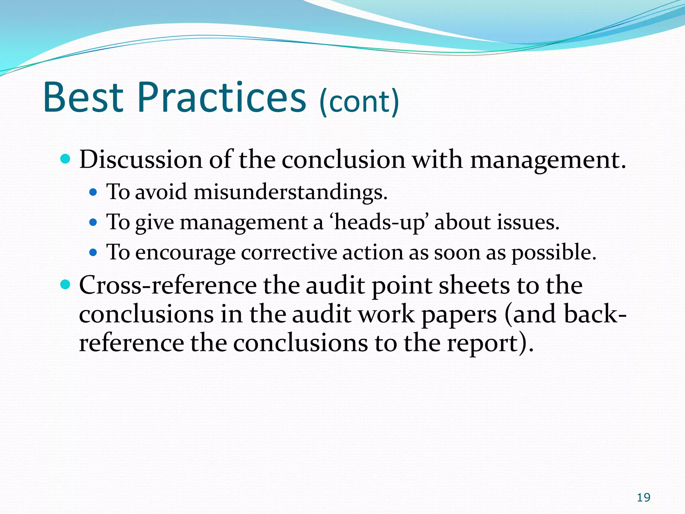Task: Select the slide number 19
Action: point(644,498)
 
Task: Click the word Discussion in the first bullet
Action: point(141,159)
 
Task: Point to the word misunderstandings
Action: point(290,192)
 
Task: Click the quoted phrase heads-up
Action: point(379,223)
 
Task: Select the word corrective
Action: point(289,252)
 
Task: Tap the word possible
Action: point(554,253)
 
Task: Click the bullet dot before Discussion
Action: point(66,159)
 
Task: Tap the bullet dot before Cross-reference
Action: point(66,285)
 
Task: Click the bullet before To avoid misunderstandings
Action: point(93,192)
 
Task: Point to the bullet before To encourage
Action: point(93,252)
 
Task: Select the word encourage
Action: point(185,253)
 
